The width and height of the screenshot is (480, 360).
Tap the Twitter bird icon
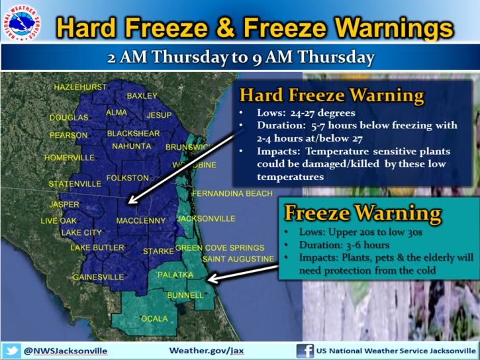tap(12, 351)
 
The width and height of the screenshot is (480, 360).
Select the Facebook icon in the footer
tap(305, 351)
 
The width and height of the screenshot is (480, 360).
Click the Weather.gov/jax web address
tap(207, 351)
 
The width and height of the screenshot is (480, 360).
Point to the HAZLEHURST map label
tap(80, 87)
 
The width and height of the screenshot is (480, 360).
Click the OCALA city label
tap(154, 319)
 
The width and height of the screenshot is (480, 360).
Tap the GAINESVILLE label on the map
tap(98, 277)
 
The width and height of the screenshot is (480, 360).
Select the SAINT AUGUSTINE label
tap(238, 259)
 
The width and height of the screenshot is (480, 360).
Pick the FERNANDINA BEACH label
tap(232, 194)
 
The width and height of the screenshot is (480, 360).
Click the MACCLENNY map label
tap(141, 220)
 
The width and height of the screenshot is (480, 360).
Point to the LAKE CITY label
tap(81, 233)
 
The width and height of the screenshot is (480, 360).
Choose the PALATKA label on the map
tap(175, 275)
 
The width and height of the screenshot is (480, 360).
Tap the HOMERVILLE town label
tap(70, 157)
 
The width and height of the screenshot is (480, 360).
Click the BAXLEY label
tap(142, 96)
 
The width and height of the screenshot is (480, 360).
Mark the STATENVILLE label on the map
tap(75, 184)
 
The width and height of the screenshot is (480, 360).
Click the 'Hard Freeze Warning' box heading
tap(332, 95)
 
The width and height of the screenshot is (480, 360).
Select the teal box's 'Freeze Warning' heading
tap(363, 213)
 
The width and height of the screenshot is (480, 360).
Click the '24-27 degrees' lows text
tap(322, 113)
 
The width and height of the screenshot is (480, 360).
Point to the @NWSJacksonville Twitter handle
tap(66, 351)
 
